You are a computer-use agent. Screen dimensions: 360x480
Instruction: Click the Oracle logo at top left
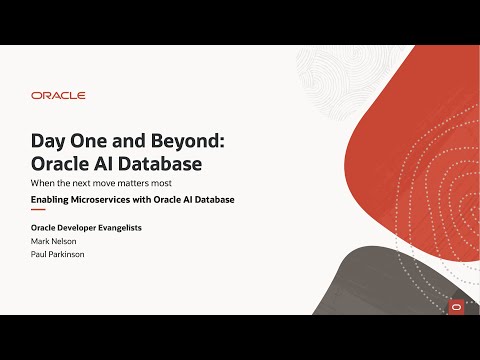coord(58,96)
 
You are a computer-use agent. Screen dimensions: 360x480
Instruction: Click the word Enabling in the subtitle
coord(50,200)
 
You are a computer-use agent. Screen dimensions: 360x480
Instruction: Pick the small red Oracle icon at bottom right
coord(456,307)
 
